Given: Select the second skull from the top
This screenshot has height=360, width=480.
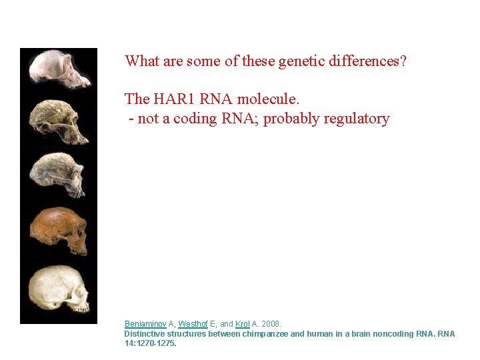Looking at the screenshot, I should [x=59, y=121].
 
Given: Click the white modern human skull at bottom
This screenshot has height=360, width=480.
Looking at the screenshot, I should [x=59, y=288].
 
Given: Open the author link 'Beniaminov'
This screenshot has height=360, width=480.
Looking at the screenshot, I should [x=145, y=324].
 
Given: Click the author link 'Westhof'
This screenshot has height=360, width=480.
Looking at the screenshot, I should [x=193, y=324].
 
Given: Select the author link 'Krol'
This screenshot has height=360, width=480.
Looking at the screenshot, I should [x=243, y=324].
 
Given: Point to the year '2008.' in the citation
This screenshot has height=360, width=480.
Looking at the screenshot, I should [x=271, y=324].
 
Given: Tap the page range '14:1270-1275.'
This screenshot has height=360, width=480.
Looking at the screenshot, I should [x=151, y=344].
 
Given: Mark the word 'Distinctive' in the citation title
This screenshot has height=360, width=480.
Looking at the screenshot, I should [x=145, y=334].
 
